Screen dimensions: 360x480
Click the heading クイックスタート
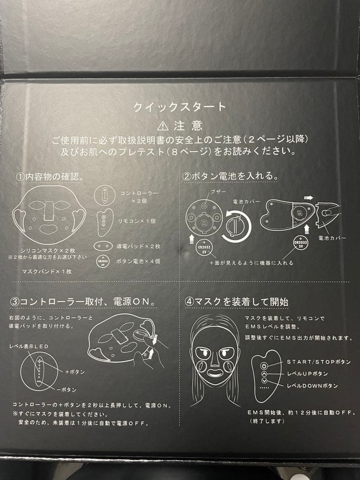point(180,107)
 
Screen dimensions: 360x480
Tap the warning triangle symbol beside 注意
point(163,126)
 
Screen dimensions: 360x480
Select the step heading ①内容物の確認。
point(50,176)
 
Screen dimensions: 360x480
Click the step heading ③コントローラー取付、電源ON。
point(83,301)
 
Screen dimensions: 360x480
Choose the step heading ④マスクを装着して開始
point(236,302)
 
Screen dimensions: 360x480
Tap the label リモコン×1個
point(137,221)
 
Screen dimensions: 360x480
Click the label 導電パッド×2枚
point(138,246)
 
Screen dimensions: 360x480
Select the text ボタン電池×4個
point(138,261)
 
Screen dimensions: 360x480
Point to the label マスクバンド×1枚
point(47,271)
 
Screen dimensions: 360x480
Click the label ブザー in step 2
point(219,192)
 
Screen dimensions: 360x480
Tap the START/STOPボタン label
point(319,362)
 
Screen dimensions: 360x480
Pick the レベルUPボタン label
point(308,374)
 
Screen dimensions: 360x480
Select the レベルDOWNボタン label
point(312,386)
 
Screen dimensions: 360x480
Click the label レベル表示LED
point(29,347)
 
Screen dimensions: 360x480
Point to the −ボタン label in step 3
point(66,390)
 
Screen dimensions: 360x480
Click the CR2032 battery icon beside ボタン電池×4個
point(103,261)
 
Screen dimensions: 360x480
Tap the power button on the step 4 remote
point(264,366)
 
